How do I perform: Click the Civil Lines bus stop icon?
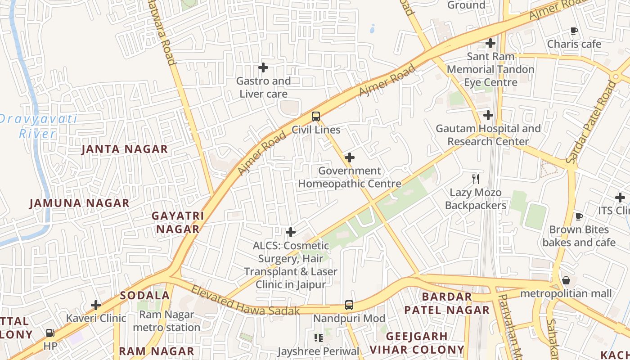click(x=316, y=117)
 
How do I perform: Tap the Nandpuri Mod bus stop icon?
click(x=349, y=305)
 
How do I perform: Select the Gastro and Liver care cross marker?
click(x=263, y=68)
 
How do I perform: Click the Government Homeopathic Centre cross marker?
click(x=350, y=157)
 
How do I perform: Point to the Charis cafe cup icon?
click(x=574, y=31)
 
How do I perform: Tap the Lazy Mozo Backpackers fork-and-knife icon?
click(x=476, y=179)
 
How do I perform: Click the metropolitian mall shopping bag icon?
click(x=566, y=280)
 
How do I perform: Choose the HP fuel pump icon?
click(x=50, y=333)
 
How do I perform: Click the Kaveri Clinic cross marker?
click(x=96, y=305)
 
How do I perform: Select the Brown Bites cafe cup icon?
click(x=579, y=216)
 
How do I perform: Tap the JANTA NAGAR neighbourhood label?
click(x=125, y=149)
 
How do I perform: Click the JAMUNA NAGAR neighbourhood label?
click(x=80, y=203)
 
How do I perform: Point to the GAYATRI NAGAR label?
click(x=178, y=222)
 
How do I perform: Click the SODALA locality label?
click(x=145, y=296)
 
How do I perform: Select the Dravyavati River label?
click(x=38, y=126)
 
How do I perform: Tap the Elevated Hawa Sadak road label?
click(x=245, y=301)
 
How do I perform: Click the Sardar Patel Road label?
click(x=591, y=121)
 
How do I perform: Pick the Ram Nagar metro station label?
click(x=166, y=321)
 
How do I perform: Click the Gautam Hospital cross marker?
click(x=488, y=115)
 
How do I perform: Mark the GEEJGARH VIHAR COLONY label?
click(x=417, y=343)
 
